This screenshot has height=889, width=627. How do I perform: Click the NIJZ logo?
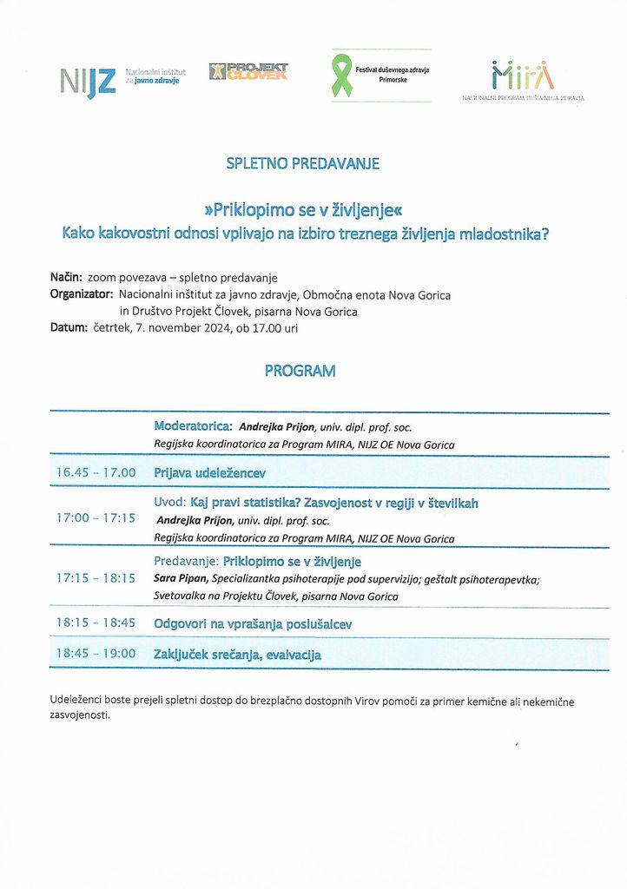click(88, 80)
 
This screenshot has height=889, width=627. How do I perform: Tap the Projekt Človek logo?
click(247, 71)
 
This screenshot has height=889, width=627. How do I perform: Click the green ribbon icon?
click(342, 76)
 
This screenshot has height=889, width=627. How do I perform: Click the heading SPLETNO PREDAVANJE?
click(302, 162)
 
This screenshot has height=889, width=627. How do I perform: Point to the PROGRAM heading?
click(300, 371)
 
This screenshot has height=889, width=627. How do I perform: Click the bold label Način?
click(66, 278)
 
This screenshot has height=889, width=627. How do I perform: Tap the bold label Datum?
click(69, 328)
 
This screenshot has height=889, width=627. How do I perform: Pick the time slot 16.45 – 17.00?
click(96, 472)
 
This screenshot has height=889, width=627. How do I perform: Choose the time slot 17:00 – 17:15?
click(96, 517)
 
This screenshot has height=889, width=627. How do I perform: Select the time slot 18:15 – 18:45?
click(96, 622)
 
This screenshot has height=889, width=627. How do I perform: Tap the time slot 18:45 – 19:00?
click(96, 654)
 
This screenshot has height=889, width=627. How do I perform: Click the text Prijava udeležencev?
click(209, 473)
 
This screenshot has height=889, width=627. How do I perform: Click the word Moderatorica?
click(192, 426)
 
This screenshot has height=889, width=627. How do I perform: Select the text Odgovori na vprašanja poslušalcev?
click(253, 623)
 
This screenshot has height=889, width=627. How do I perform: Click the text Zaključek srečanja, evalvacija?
click(237, 655)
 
